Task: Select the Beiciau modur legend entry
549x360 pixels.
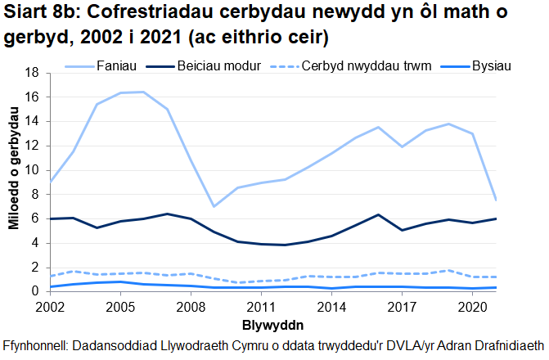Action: (216, 65)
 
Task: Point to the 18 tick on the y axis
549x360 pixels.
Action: (34, 73)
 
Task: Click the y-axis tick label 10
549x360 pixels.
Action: (34, 170)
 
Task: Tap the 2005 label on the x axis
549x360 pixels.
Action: (120, 307)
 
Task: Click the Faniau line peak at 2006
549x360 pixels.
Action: (144, 92)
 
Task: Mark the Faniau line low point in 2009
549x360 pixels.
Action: (214, 206)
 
